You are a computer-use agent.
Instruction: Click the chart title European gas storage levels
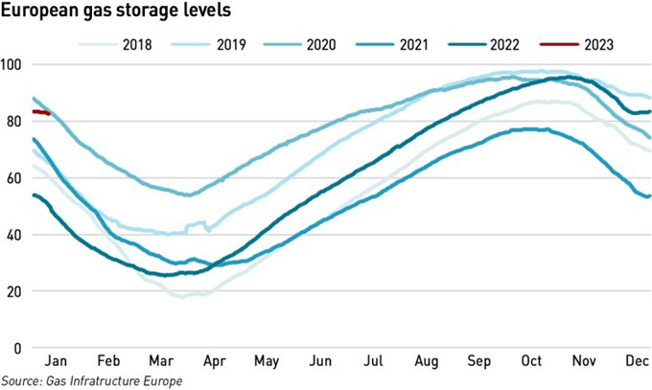[116, 10]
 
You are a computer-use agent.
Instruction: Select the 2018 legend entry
[115, 44]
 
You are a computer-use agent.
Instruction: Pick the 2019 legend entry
[208, 44]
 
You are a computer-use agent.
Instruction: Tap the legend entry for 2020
[300, 44]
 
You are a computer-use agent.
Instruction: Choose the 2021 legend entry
[392, 44]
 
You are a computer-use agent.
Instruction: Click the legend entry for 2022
[483, 44]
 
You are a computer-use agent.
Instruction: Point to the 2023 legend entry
[576, 44]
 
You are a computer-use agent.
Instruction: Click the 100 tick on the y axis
[12, 65]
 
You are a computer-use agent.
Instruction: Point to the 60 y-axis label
[12, 178]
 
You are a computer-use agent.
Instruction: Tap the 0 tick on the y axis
[17, 348]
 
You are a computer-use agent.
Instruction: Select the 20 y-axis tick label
[12, 291]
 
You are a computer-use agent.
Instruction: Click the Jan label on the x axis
[56, 360]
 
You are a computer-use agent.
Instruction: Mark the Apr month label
[214, 361]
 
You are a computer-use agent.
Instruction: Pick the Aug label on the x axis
[427, 361]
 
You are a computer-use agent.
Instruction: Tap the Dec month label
[637, 360]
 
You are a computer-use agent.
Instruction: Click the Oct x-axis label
[531, 360]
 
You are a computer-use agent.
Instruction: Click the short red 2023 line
[41, 112]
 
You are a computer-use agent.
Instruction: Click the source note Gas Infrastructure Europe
[114, 380]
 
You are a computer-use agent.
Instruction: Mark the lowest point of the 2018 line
[182, 297]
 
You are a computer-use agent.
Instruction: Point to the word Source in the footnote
[21, 380]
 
